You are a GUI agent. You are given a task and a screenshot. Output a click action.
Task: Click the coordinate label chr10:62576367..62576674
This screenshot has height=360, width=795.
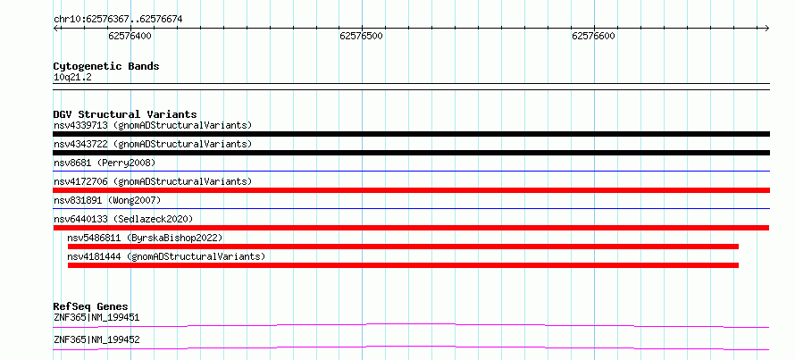[x=118, y=20]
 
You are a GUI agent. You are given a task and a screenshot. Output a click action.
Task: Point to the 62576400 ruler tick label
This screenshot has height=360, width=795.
[x=130, y=36]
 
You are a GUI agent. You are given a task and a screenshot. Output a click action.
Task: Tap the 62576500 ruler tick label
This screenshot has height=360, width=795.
[x=362, y=36]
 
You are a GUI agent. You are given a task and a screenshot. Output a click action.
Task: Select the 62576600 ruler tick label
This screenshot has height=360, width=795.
[x=594, y=36]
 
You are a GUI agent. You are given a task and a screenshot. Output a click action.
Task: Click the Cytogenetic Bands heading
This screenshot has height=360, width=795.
[x=106, y=66]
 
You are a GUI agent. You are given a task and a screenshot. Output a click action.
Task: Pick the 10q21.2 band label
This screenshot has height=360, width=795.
[x=72, y=78]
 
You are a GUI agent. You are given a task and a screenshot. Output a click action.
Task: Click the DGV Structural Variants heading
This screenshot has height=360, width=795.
[x=125, y=114]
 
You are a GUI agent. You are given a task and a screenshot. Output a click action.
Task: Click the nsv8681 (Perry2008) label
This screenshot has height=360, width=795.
[x=105, y=163]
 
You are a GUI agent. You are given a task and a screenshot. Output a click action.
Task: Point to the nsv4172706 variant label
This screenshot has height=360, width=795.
[x=153, y=181]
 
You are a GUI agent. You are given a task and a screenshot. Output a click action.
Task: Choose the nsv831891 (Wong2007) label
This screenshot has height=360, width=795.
[x=107, y=200]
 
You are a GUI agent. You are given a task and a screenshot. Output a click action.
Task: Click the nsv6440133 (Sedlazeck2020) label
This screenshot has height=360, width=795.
[x=123, y=219]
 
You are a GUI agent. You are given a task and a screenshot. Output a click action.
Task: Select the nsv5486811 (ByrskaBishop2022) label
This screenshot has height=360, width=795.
[x=145, y=238]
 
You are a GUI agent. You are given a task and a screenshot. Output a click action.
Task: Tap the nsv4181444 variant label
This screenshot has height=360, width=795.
[x=166, y=256]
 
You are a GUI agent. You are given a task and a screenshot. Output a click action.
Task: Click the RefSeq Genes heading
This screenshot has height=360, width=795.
[x=91, y=306]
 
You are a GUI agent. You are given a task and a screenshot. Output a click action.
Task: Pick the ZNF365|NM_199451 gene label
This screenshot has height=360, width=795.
[x=96, y=318]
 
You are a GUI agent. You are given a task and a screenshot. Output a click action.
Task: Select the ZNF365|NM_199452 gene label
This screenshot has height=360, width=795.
[x=96, y=339]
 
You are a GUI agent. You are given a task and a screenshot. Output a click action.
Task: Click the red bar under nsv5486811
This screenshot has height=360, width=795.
[x=403, y=247]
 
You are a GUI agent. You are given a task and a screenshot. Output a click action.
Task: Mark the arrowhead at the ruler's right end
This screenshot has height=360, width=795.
[x=767, y=28]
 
